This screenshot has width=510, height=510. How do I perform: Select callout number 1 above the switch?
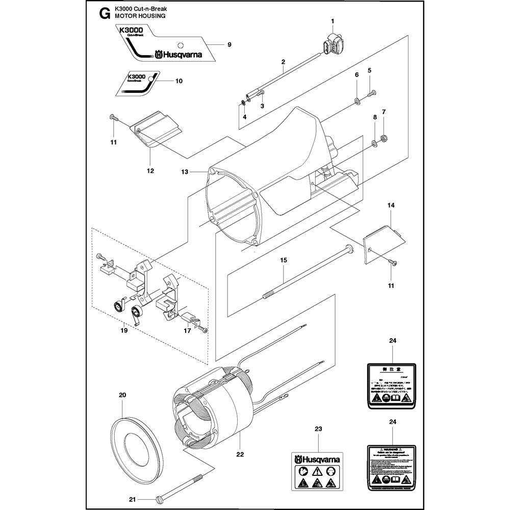coord(332,21)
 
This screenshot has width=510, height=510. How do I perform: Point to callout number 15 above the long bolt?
coord(284,260)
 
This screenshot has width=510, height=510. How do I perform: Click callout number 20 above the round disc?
coord(122,395)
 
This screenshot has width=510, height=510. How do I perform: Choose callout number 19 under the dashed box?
coord(123,331)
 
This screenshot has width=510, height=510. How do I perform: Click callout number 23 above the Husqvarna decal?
coord(318,429)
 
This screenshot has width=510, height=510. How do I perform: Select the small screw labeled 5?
coord(372,92)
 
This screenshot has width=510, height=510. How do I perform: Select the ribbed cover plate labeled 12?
coord(155,130)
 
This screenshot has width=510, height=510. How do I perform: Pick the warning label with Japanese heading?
coord(390,386)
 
